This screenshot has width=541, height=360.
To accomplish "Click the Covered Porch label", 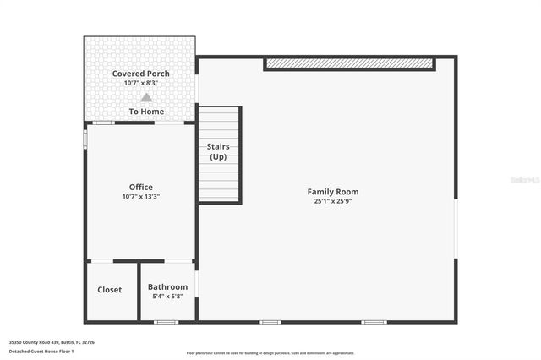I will coord(140,74).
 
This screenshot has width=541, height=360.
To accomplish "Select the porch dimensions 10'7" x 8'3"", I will coord(140,83).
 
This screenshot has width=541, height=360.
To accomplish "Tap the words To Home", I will coord(146,112).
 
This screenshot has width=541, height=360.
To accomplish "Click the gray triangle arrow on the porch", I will coord(146,97).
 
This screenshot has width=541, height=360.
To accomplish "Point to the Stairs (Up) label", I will coord(218,151).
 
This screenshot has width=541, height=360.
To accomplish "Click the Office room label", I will coord(140,187).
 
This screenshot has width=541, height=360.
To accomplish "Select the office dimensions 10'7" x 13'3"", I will coord(140,196).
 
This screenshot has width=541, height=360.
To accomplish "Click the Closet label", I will coord(109,290).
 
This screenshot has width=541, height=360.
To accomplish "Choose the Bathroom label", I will coord(167,287).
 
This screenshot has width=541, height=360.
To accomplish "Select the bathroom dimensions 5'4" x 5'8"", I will coord(167,297).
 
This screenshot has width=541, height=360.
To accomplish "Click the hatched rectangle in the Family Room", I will coord(349,64).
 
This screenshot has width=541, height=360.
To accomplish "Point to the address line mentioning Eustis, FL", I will coord(52,342).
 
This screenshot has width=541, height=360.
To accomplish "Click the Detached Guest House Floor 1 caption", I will coord(43,350).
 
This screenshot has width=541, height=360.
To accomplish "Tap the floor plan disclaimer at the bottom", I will coord(270,353).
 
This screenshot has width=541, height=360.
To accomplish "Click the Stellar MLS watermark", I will coord(524,180).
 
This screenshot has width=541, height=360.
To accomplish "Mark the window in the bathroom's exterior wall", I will coord(167,322).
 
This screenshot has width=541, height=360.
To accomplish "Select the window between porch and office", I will coord(103,123).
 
